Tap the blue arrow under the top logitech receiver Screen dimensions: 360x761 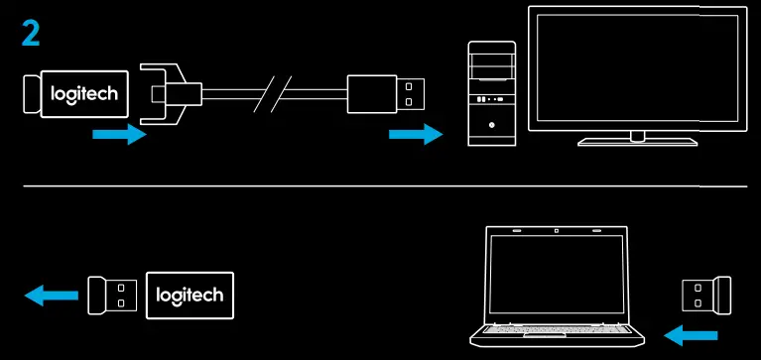click(117, 135)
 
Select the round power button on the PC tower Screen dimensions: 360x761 click(492, 127)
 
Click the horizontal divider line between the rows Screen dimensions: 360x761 click(387, 186)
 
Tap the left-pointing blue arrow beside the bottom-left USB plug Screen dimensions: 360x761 click(52, 295)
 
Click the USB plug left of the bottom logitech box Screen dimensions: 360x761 click(112, 295)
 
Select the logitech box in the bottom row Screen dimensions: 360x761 click(190, 295)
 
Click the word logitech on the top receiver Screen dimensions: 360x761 click(84, 94)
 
